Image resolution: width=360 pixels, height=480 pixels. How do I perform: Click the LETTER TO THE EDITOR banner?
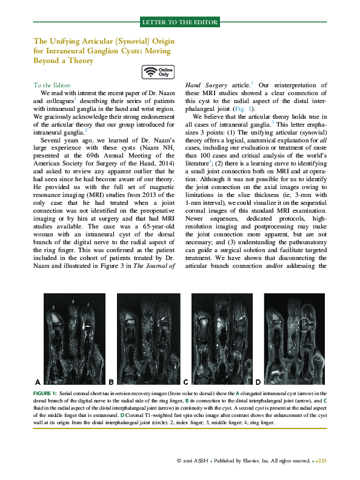pos(179,22)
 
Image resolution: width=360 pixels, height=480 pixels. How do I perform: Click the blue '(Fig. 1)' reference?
pos(216,107)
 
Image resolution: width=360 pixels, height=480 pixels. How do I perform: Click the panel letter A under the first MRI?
pos(38,382)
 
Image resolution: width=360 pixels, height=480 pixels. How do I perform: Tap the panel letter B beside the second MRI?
pos(111,382)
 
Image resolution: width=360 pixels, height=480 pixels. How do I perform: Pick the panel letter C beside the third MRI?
pos(185,382)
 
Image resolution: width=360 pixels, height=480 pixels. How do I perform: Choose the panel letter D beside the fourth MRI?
pos(259,382)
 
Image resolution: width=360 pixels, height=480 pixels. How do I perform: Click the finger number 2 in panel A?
pos(53,308)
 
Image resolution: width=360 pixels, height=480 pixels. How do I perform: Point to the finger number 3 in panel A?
pos(73,301)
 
